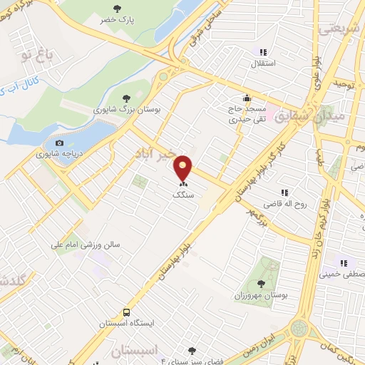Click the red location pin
point(184,168)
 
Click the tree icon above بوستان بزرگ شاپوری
point(126,98)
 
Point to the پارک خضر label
point(118,20)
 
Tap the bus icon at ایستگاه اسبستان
point(126,312)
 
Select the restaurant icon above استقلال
point(263,51)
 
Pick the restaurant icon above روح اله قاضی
point(284,192)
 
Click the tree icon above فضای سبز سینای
point(192,350)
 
